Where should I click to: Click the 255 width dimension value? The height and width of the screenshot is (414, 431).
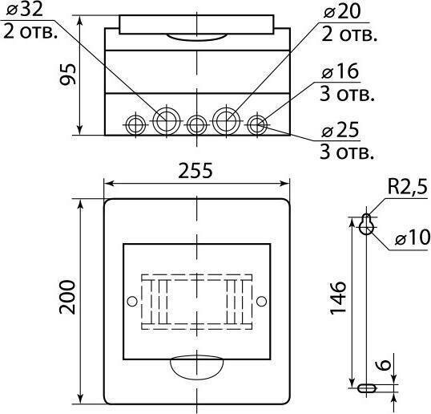tap(195, 171)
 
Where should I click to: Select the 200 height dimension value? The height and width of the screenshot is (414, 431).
tap(67, 297)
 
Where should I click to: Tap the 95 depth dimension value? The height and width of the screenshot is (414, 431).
tap(67, 75)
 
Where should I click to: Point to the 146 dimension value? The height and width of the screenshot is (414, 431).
tap(338, 298)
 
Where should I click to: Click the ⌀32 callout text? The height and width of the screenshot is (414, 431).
tap(25, 10)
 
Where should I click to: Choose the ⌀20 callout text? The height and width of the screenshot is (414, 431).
tap(342, 11)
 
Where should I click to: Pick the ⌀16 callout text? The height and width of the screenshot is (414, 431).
tap(340, 71)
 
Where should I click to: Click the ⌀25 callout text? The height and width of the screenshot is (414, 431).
tap(340, 130)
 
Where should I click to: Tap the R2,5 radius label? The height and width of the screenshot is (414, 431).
tap(408, 187)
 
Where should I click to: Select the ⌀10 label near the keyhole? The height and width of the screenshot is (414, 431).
tap(413, 237)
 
